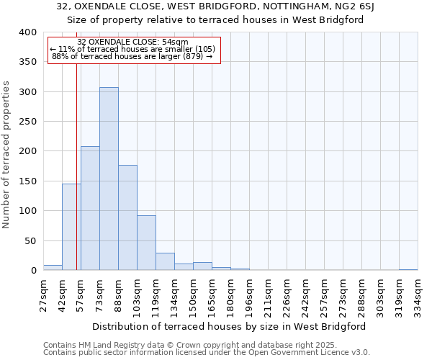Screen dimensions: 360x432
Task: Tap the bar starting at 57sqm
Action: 90,208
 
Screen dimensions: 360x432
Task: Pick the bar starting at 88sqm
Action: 127,217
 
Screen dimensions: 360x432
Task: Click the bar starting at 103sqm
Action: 146,243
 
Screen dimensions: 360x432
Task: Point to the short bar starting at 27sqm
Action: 53,268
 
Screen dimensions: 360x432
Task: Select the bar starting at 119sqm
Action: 165,261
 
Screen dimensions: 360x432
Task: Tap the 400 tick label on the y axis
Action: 27,32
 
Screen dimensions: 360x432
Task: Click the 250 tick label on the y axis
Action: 27,122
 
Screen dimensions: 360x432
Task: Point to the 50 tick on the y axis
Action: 30,240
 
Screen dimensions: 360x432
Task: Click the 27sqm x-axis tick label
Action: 44,295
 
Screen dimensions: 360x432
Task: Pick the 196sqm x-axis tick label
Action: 250,295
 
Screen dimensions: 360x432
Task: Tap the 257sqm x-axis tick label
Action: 324,295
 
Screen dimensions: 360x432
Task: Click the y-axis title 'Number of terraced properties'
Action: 6,155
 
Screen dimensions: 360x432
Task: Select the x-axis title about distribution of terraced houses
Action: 230,326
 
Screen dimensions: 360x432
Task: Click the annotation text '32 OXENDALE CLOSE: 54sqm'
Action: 132,42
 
